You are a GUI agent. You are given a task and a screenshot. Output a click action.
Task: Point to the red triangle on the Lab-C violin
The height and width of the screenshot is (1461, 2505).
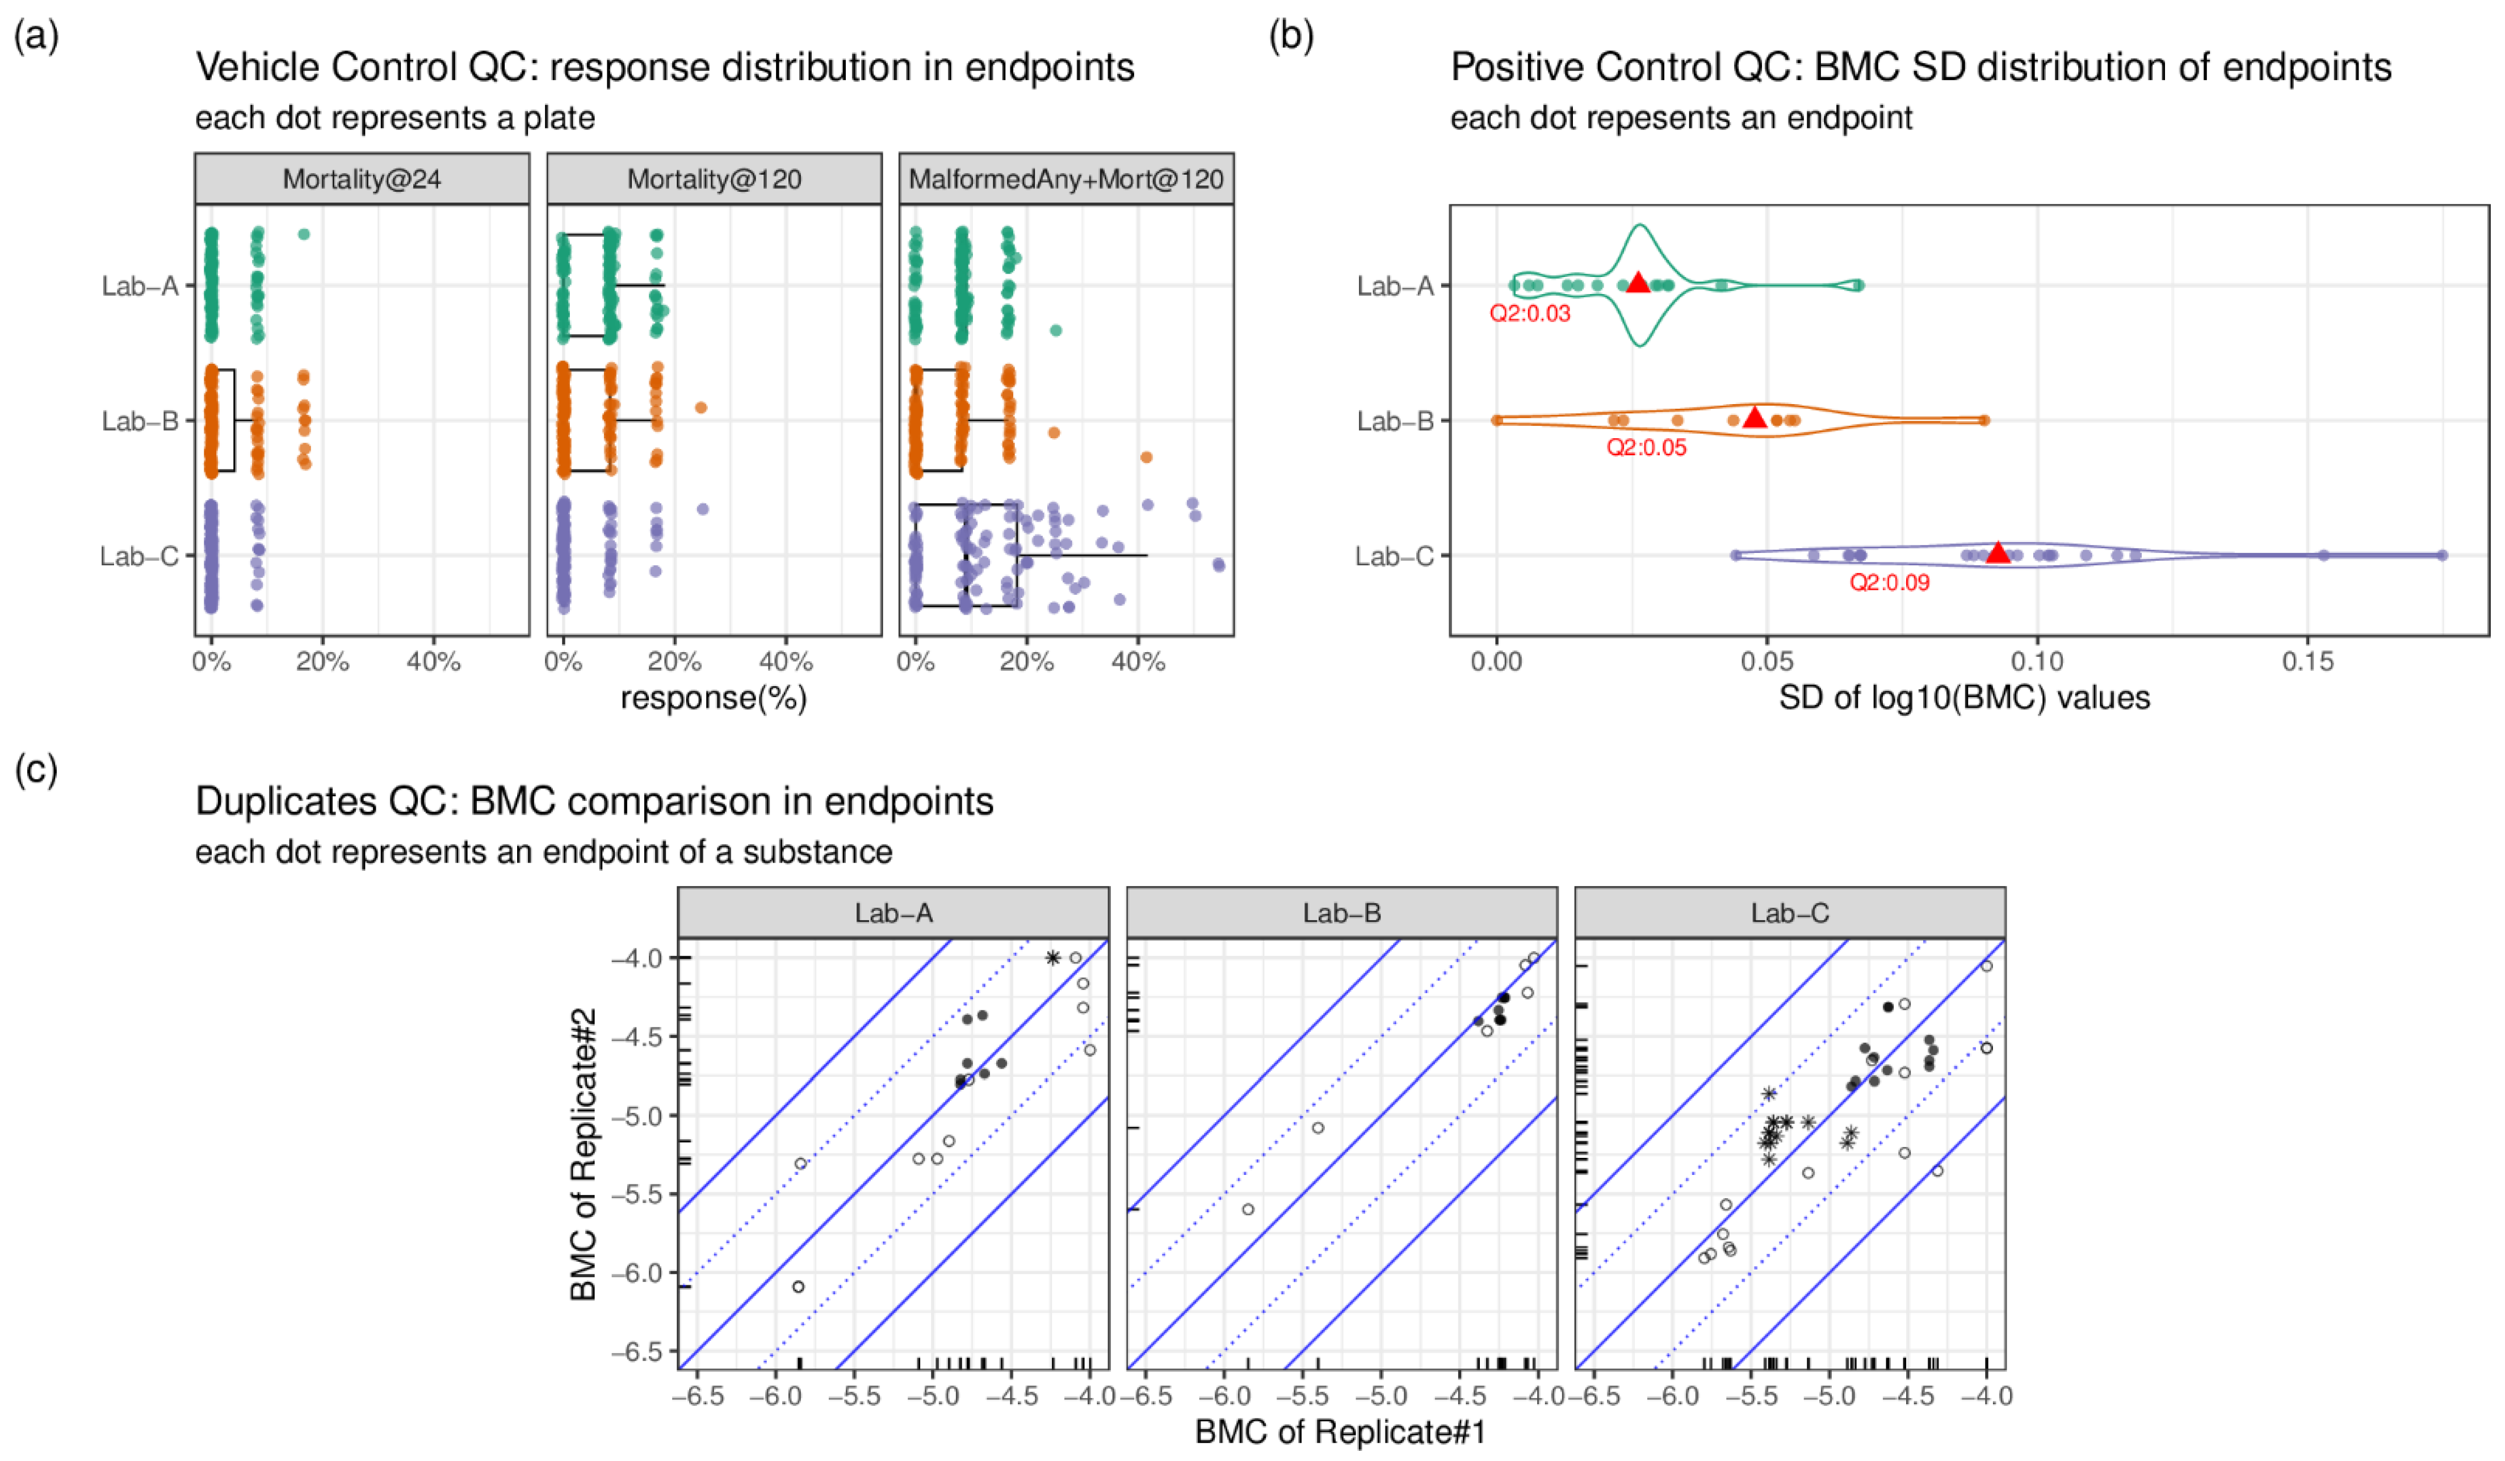pos(1997,553)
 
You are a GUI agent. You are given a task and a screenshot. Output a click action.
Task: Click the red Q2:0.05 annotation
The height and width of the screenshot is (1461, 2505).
pos(1646,447)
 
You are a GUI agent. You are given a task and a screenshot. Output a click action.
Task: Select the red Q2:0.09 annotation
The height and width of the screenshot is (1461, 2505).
pos(1889,582)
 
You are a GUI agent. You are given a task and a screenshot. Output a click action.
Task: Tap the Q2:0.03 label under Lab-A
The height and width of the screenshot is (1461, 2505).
pos(1529,313)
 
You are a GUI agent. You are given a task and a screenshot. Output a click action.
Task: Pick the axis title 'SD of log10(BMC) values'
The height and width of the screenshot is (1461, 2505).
pos(1964,698)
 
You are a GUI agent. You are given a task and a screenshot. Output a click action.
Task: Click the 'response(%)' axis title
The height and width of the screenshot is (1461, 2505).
pos(714,698)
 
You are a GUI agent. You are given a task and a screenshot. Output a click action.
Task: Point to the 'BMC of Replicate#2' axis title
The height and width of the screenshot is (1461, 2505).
pos(584,1153)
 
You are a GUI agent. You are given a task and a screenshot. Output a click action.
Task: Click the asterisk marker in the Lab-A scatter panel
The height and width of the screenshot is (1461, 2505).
pos(1053,958)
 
